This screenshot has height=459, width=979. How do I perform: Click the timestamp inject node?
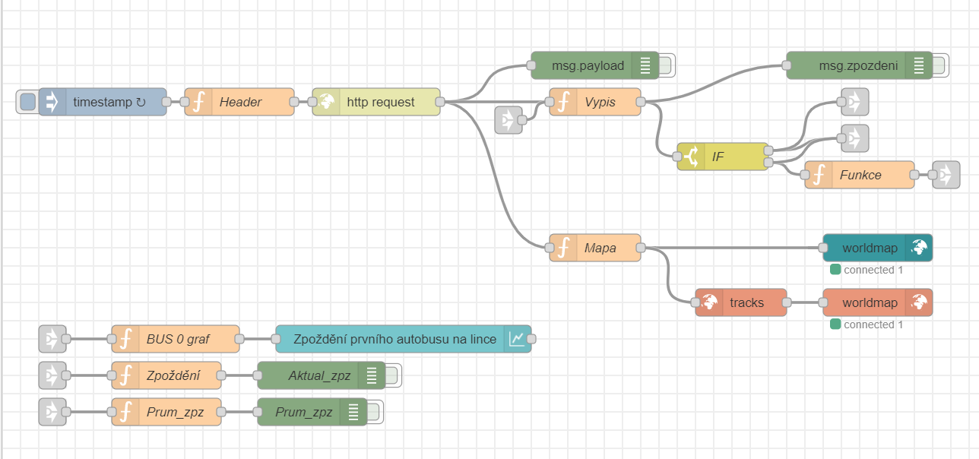(103, 102)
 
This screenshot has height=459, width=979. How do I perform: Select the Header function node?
(239, 102)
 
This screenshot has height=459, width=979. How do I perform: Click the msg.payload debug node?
(588, 65)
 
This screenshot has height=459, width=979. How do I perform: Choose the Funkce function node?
(860, 175)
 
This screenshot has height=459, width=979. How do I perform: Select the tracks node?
(741, 302)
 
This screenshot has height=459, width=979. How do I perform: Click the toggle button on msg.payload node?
(667, 65)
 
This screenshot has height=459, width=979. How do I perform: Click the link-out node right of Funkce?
(946, 175)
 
